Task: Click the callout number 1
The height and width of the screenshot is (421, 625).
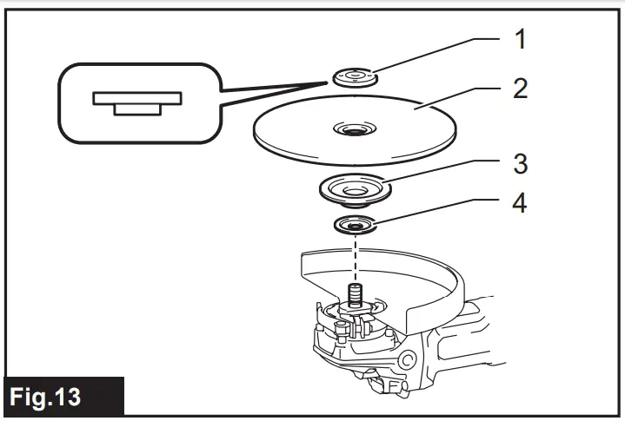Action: [520, 38]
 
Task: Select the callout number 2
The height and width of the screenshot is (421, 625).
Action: [520, 89]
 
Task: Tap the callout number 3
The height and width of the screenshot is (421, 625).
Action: [520, 163]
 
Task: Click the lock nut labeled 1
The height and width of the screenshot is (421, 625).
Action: [355, 76]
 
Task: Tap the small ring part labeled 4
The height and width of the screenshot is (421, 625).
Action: [355, 227]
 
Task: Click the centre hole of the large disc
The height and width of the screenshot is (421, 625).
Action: [354, 131]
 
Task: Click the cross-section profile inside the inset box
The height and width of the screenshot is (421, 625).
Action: [136, 101]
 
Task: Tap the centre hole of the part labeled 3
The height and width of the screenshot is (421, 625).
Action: [355, 186]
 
